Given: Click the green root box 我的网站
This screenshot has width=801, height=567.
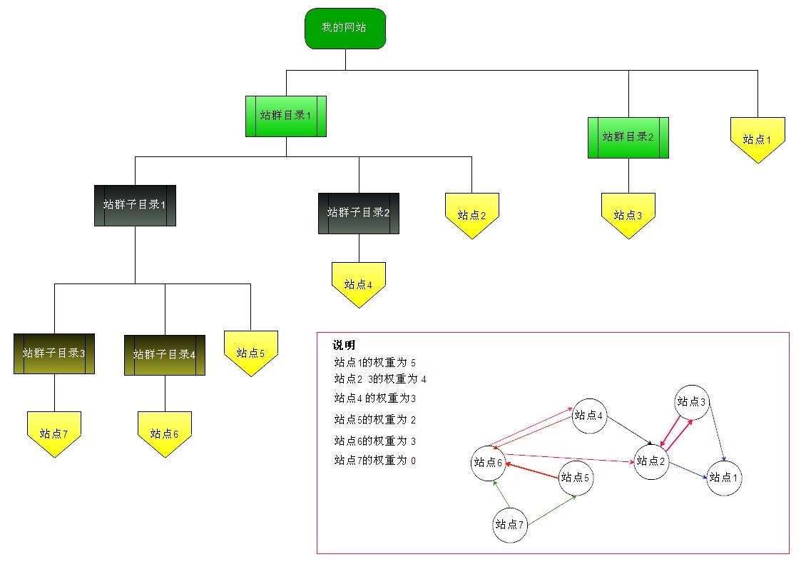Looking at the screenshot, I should (345, 29).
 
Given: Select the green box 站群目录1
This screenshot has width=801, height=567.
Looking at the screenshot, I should (285, 116).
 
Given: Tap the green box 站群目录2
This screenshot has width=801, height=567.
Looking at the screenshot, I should (628, 137).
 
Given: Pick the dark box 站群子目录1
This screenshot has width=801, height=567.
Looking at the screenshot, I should (135, 205).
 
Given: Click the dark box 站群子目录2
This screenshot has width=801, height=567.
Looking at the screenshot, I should (358, 213).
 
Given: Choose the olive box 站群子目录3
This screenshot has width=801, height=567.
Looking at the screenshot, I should (54, 353).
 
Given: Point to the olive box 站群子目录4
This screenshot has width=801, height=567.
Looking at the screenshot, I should (165, 354).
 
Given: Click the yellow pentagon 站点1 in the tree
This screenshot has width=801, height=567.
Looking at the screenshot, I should (757, 139).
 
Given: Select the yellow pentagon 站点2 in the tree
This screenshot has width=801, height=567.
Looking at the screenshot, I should (471, 214).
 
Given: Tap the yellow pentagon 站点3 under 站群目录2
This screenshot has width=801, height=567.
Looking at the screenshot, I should (628, 214).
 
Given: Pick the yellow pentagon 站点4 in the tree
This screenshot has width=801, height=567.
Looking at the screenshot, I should (358, 283).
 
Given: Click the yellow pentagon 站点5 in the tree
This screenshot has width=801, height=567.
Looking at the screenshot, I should (250, 352).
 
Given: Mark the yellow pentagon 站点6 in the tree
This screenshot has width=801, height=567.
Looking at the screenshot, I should (165, 433).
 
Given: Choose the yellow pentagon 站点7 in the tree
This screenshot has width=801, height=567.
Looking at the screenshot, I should (54, 433).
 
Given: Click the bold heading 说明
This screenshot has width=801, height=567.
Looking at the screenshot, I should (344, 346).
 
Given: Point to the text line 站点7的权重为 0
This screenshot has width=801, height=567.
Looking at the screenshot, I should (374, 461).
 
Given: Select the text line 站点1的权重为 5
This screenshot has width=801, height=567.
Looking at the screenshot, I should (374, 363).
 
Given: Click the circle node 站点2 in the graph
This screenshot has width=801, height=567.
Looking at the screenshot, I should (651, 461).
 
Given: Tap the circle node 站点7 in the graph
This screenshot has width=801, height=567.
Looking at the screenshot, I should (510, 525).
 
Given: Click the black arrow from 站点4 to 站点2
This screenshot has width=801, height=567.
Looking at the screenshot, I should (628, 431).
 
